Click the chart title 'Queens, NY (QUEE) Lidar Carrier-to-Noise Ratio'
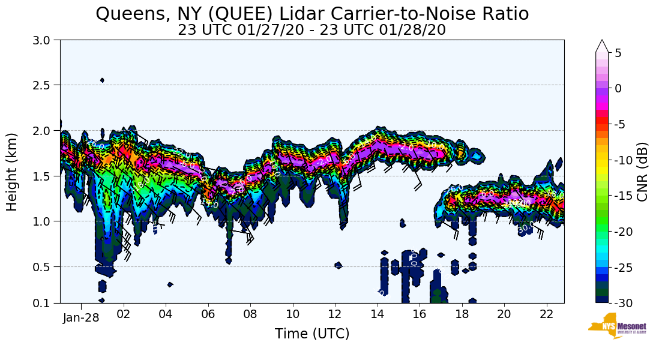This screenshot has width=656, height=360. [x=312, y=13]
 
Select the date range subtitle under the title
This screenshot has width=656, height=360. [x=312, y=29]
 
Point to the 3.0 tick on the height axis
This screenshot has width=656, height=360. [x=46, y=40]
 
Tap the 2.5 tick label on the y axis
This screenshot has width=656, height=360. [x=46, y=85]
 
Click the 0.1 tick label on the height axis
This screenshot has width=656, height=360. [x=46, y=303]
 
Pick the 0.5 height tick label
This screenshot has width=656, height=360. [x=46, y=266]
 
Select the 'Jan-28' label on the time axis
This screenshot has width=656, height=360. [x=81, y=317]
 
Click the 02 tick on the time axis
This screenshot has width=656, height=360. [x=124, y=314]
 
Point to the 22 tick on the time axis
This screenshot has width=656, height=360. [x=546, y=314]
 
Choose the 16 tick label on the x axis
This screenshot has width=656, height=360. [x=420, y=314]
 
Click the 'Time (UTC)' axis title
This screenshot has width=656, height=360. [x=312, y=334]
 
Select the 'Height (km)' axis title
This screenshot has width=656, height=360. [x=13, y=172]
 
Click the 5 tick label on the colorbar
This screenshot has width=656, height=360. [x=618, y=53]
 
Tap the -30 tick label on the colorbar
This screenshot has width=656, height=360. [x=623, y=303]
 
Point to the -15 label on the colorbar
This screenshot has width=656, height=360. [x=623, y=196]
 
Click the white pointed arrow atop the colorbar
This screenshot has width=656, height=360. [x=602, y=46]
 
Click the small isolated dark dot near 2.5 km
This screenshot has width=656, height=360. [x=102, y=80]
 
